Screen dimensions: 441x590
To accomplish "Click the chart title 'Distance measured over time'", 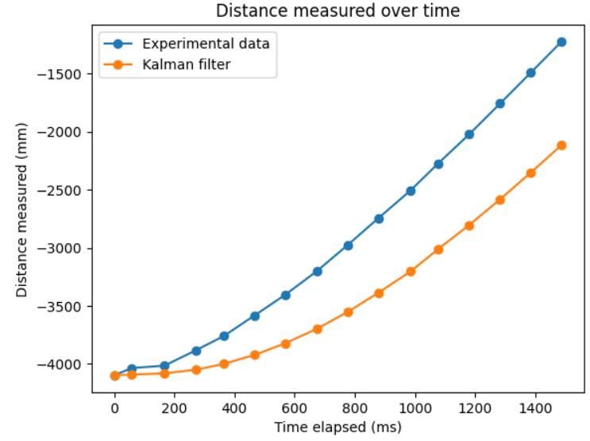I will pos(337,10).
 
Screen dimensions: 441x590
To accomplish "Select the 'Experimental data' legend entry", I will pos(205,44).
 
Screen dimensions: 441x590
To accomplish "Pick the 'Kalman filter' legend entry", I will pos(186,64).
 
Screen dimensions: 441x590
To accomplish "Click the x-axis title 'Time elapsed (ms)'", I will pos(337,427).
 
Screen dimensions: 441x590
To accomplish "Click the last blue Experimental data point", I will pos(561,42).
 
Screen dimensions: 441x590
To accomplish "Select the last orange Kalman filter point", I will pos(561,145).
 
